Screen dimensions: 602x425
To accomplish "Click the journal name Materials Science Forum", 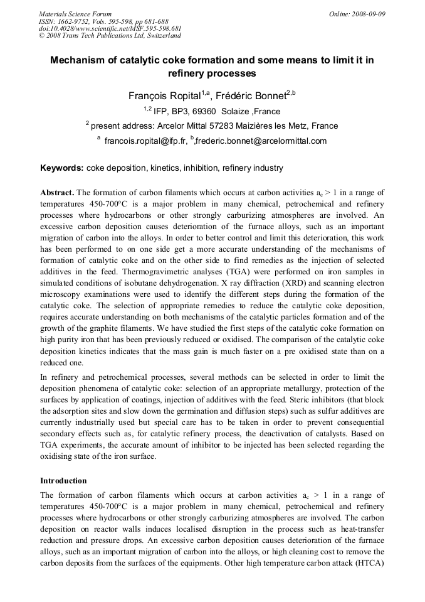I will [75, 13].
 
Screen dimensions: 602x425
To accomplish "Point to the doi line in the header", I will [110, 28].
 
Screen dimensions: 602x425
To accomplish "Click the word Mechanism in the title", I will [80, 60].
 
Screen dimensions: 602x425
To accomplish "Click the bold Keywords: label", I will [61, 168].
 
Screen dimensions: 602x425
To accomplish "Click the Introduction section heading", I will [63, 480].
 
